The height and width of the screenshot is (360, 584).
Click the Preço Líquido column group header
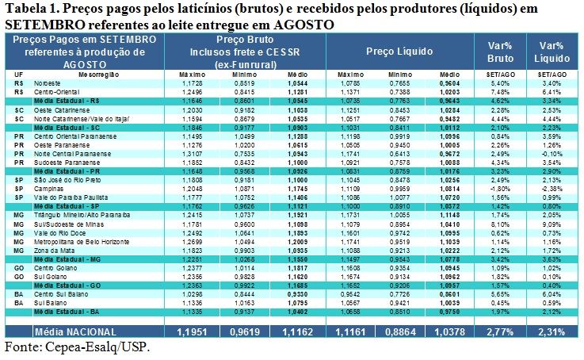tap(399, 52)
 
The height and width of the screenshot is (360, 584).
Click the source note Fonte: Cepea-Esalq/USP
tap(77, 347)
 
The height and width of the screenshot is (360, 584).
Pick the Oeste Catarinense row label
tap(60, 109)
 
